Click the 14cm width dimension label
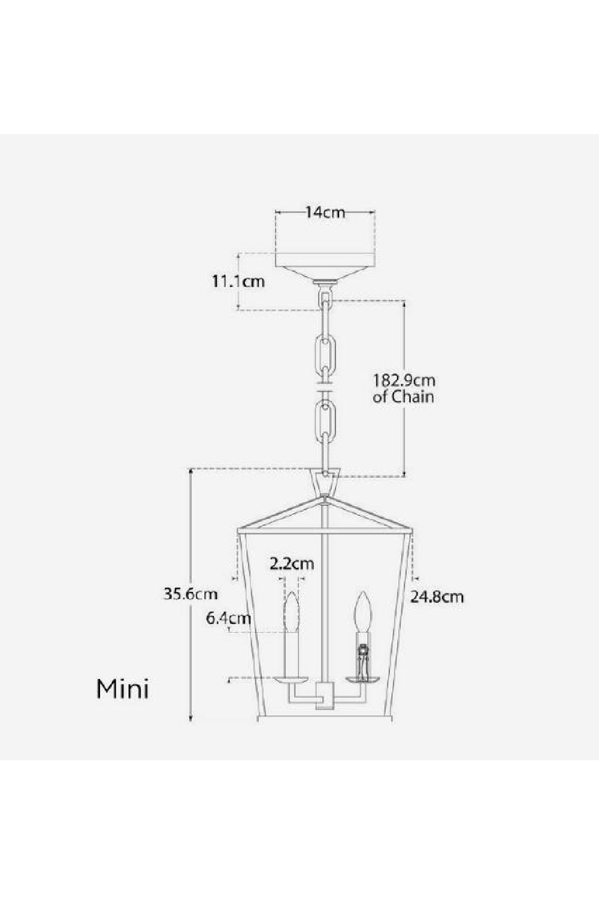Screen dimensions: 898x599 click(x=325, y=212)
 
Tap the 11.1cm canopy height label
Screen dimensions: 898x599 click(x=238, y=281)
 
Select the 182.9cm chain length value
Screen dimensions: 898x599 click(x=404, y=380)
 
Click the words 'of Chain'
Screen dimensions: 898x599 click(x=403, y=396)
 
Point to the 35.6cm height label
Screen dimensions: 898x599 click(x=190, y=594)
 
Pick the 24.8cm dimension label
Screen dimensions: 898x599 click(x=437, y=596)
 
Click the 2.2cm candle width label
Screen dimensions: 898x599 click(x=292, y=563)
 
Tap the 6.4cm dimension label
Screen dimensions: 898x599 click(x=228, y=618)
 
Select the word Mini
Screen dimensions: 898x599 click(x=123, y=689)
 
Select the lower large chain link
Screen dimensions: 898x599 click(x=325, y=423)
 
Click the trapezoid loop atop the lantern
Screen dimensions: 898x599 click(x=325, y=482)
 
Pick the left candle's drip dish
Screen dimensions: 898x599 click(x=292, y=680)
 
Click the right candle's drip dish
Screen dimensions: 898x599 click(x=362, y=679)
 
